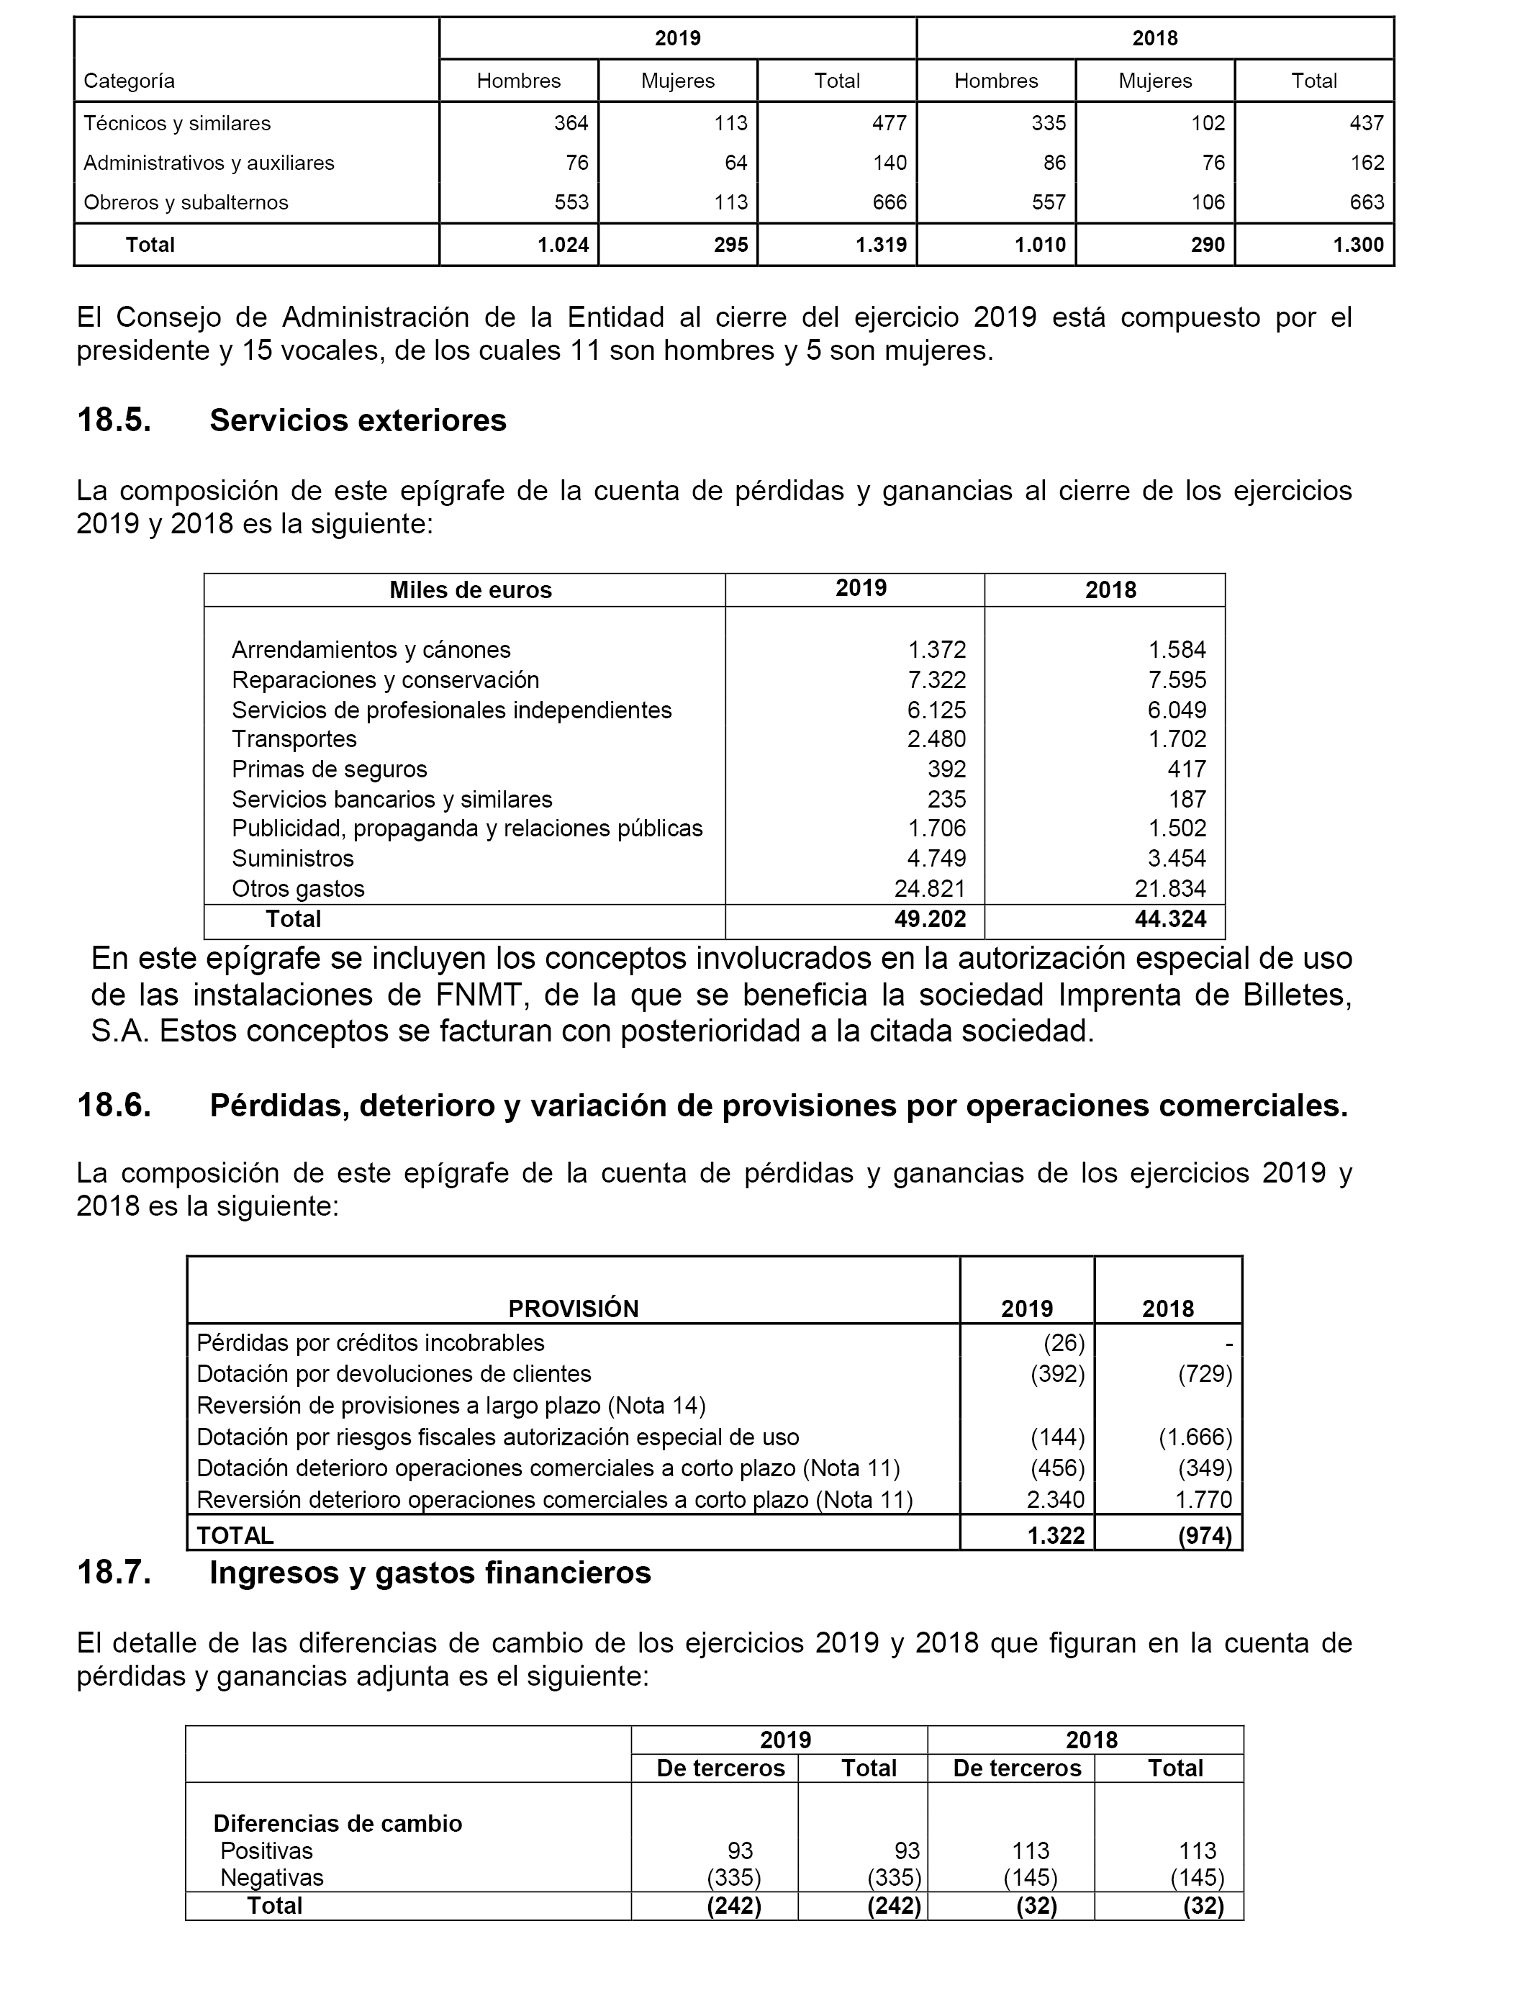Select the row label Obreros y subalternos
point(186,202)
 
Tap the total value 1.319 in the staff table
point(881,244)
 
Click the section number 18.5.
point(114,421)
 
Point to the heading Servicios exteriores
point(358,421)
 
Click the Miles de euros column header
point(470,590)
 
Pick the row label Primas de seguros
point(329,769)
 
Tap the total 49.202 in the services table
point(930,919)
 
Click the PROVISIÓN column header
point(573,1308)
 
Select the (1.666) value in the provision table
point(1195,1437)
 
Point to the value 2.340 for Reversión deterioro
point(1056,1499)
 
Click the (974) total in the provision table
point(1204,1535)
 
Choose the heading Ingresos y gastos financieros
point(430,1573)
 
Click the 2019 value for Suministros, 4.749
point(936,858)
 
